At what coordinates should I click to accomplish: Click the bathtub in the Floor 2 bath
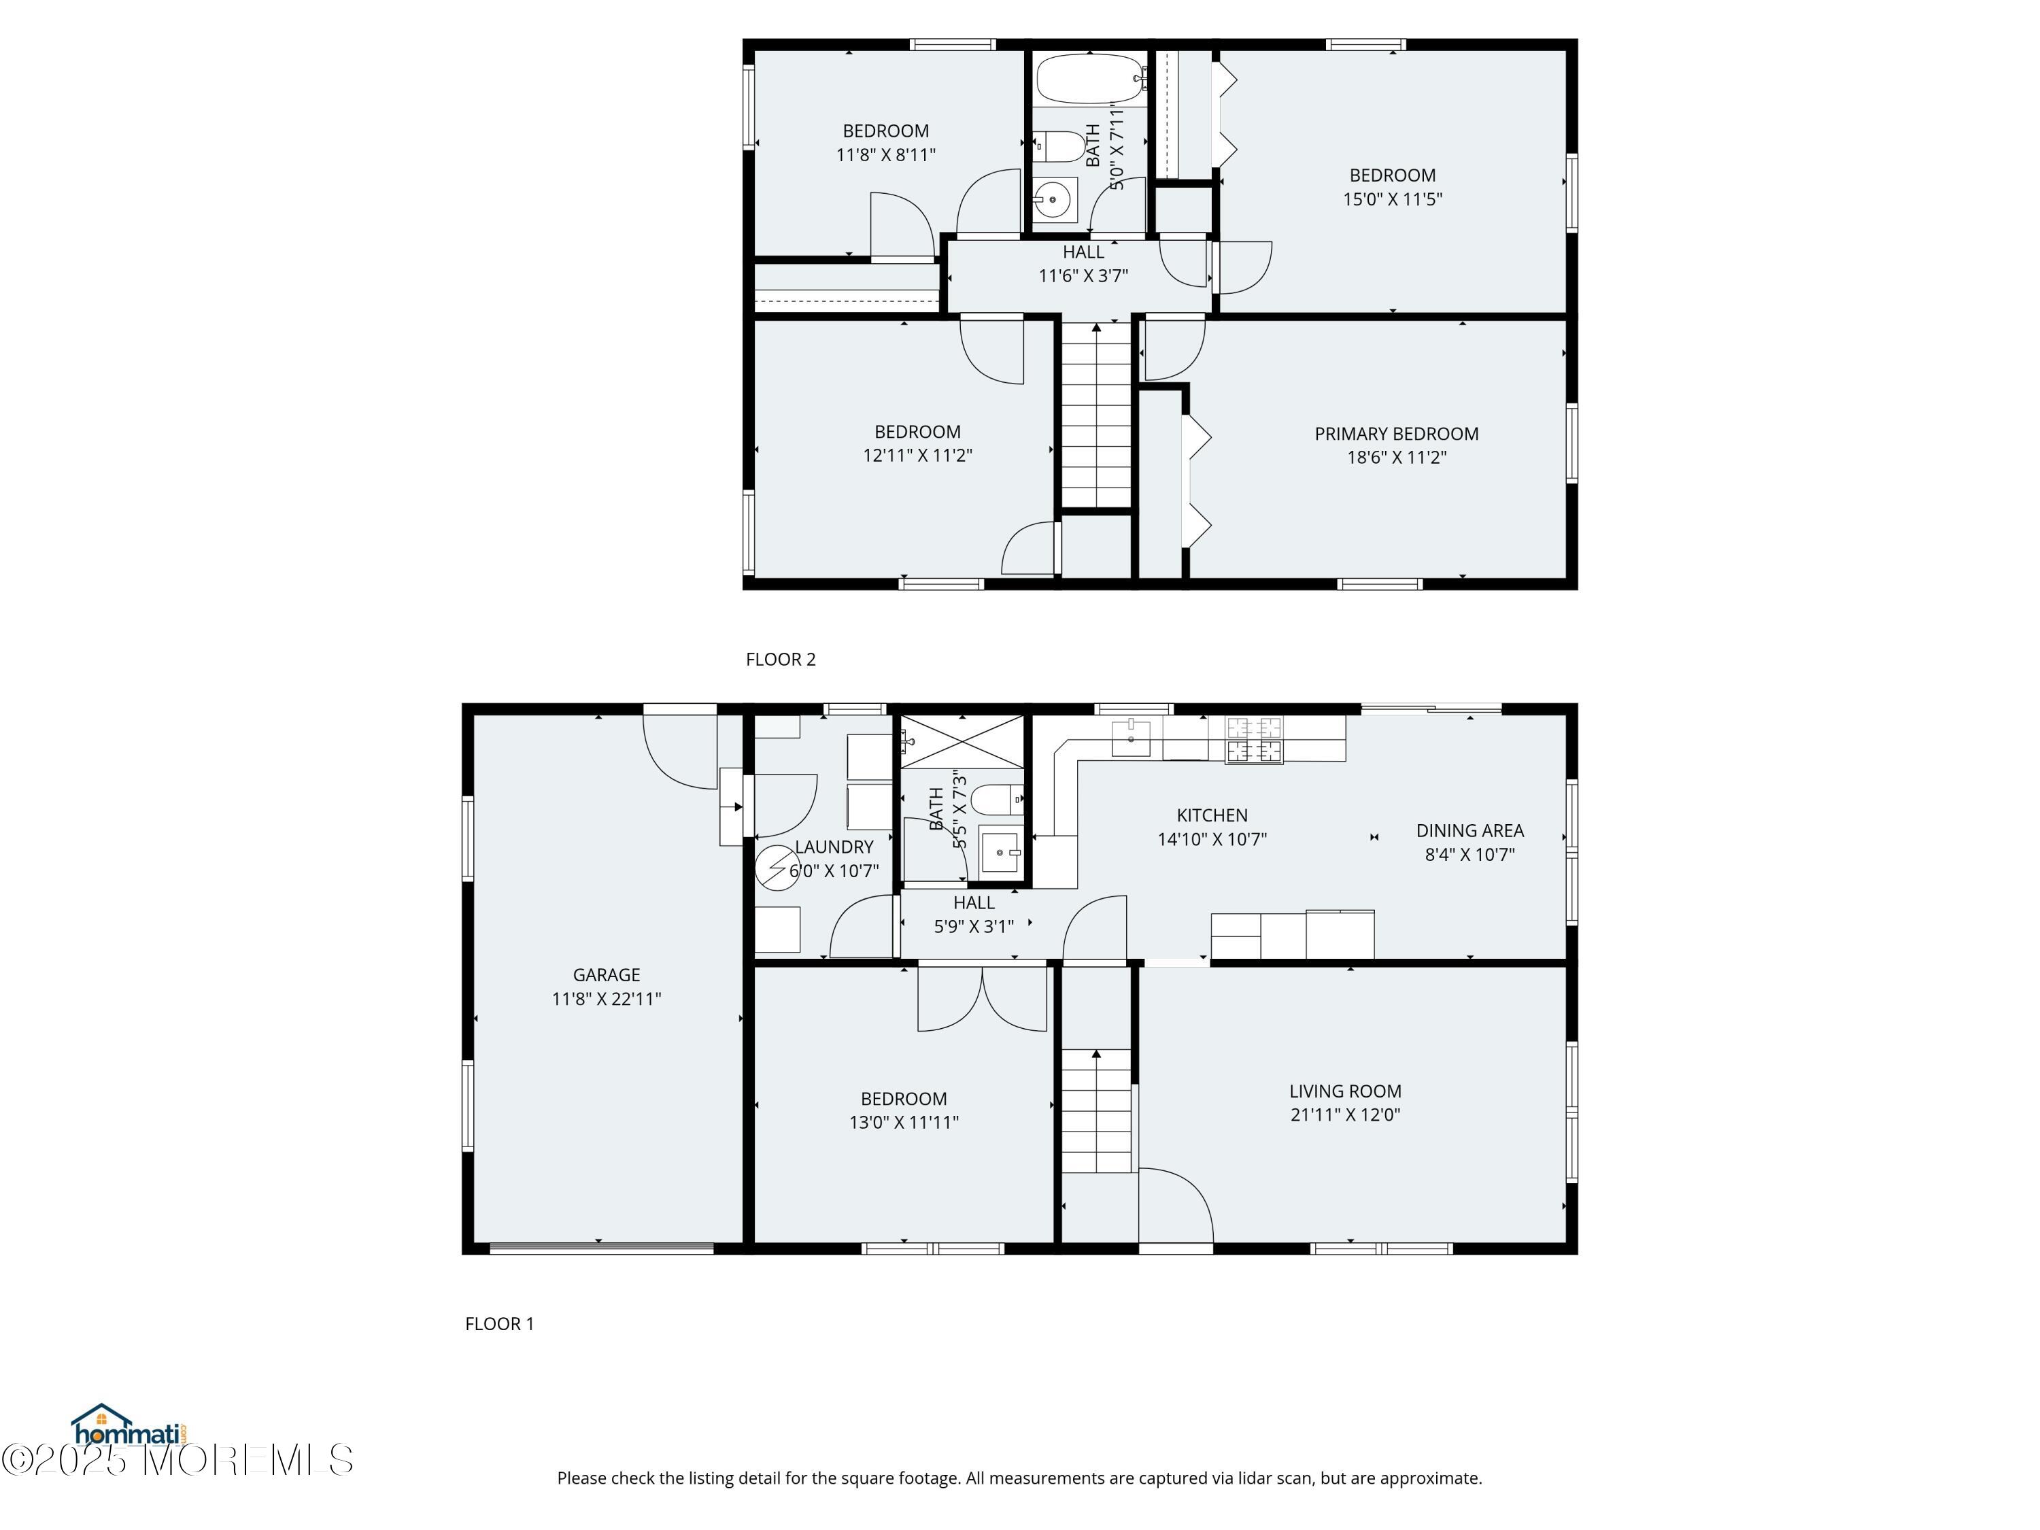click(x=1090, y=78)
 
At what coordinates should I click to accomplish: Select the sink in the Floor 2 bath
click(x=1053, y=199)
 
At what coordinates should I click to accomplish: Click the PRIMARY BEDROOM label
click(x=1396, y=433)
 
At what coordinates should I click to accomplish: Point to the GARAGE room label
click(x=606, y=975)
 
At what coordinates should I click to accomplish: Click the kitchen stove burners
click(x=1253, y=740)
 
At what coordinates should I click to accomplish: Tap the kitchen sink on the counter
click(x=1131, y=738)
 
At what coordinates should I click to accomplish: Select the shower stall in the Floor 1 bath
click(x=962, y=741)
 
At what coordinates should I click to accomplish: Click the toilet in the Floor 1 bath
click(x=997, y=800)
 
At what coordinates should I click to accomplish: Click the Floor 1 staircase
click(x=1097, y=1110)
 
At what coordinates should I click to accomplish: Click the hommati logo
click(x=129, y=1427)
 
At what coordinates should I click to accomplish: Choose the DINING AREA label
click(x=1470, y=830)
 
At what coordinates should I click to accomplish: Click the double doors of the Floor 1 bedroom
click(x=982, y=998)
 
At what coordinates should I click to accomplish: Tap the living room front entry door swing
click(x=1176, y=1206)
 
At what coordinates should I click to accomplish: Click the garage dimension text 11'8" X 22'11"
click(x=606, y=999)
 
